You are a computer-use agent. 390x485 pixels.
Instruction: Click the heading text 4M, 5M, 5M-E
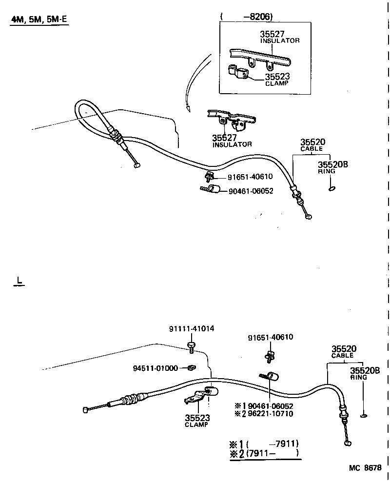pos(39,21)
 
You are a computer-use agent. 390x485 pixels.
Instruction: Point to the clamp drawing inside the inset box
pos(238,73)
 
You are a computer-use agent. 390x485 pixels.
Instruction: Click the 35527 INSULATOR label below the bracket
pos(232,141)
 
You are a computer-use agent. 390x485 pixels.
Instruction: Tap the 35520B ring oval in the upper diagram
pos(332,188)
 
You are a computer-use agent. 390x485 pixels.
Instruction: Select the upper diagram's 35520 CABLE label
pos(312,145)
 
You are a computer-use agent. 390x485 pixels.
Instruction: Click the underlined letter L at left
pos(19,281)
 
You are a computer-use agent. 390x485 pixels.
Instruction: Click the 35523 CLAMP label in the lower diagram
pos(196,421)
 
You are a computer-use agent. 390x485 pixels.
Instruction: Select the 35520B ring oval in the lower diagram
pos(363,416)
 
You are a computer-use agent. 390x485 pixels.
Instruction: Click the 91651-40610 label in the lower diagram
pos(271,338)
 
